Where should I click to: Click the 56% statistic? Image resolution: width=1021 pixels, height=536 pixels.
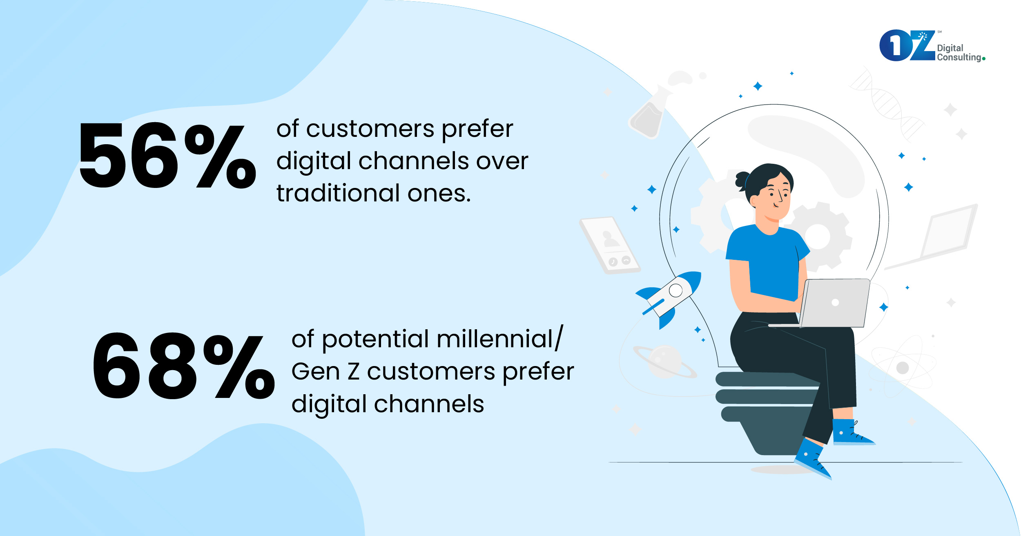pyautogui.click(x=167, y=155)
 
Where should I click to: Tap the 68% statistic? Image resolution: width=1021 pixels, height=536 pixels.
pyautogui.click(x=184, y=365)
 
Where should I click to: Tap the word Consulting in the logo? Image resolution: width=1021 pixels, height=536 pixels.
pyautogui.click(x=959, y=57)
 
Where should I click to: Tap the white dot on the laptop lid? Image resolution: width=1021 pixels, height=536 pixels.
pyautogui.click(x=835, y=302)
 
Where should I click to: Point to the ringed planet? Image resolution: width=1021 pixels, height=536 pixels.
pyautogui.click(x=665, y=362)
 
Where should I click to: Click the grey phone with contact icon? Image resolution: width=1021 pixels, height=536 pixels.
pyautogui.click(x=610, y=245)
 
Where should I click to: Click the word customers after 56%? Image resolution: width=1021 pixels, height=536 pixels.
pyautogui.click(x=370, y=129)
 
